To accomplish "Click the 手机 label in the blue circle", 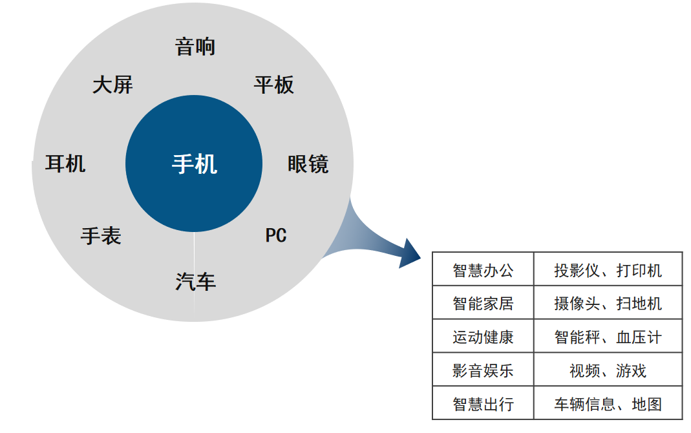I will [x=194, y=164].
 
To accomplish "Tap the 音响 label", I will [x=195, y=47].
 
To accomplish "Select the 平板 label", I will [x=274, y=85].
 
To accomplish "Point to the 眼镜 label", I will [x=308, y=164].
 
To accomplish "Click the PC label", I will [x=276, y=235].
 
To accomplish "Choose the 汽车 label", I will [x=195, y=282].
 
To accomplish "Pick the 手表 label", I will [x=101, y=236].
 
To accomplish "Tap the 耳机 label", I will [x=65, y=164].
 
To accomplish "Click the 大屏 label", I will [x=112, y=85].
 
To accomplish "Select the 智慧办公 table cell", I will [x=483, y=270].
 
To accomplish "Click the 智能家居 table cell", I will [x=483, y=303].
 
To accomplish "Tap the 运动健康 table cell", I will [x=483, y=337].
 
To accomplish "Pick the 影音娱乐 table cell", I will [x=483, y=370].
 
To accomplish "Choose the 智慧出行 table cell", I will [x=483, y=404].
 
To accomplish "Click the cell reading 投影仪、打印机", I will [x=608, y=270].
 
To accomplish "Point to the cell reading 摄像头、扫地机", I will [x=608, y=303].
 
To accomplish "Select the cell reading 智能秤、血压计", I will [x=608, y=337].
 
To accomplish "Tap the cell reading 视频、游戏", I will [x=608, y=370].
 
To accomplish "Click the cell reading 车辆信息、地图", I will [x=608, y=404].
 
